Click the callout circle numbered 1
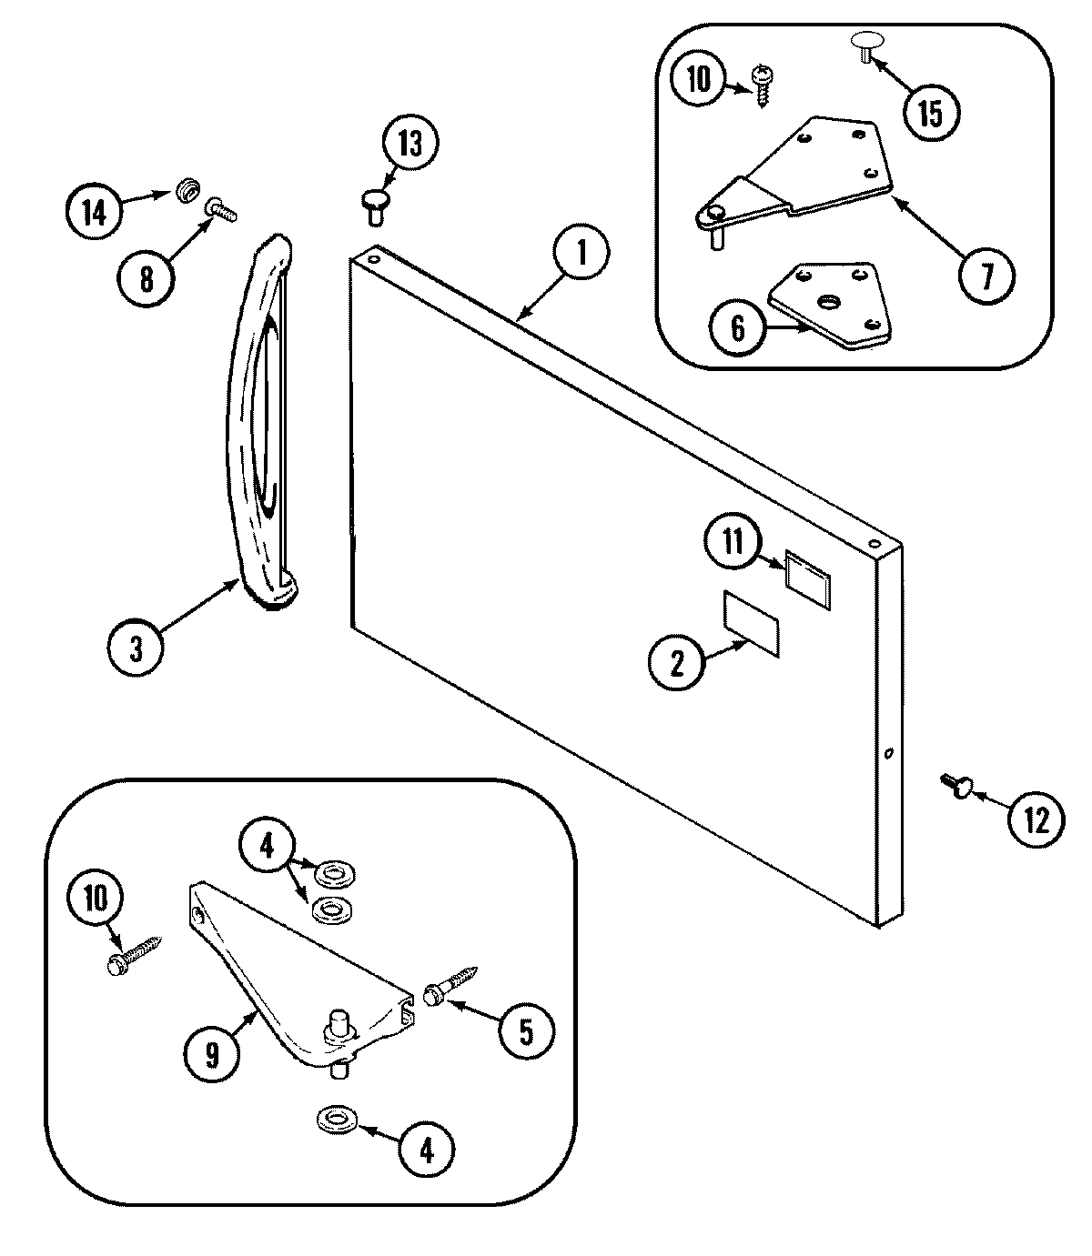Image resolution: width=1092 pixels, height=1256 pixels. (580, 254)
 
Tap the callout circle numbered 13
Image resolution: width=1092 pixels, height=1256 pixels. (409, 145)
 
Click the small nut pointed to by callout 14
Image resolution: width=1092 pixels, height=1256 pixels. (187, 192)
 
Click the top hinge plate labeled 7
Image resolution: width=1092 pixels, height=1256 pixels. (801, 173)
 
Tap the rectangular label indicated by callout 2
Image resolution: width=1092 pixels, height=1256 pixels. (752, 622)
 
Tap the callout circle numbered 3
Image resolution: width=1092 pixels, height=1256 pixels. (136, 649)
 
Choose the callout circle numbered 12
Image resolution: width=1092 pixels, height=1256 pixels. (1036, 820)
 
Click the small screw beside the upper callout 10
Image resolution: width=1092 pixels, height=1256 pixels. (761, 86)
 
